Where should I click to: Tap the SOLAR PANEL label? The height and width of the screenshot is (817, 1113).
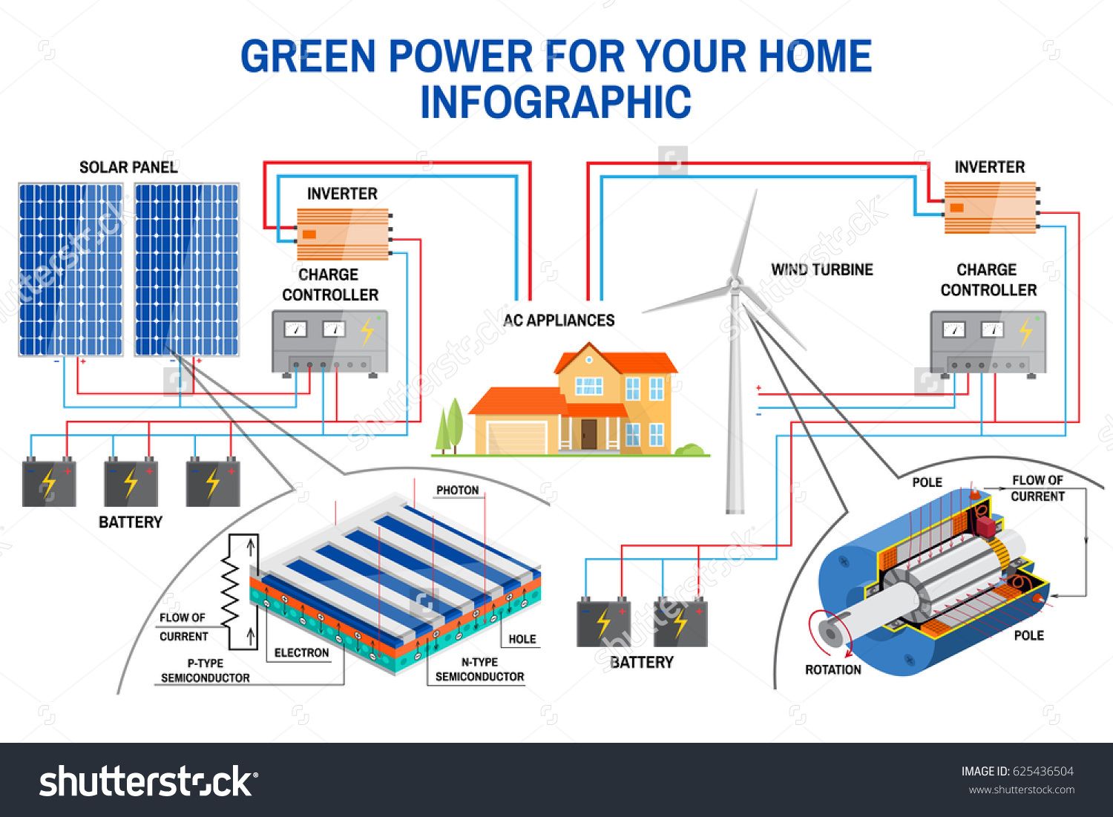[128, 167]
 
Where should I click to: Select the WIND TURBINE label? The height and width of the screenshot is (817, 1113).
[821, 269]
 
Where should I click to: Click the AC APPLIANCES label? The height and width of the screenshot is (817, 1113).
[559, 321]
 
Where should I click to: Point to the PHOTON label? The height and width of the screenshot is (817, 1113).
[457, 490]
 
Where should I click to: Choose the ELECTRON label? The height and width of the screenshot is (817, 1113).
[301, 653]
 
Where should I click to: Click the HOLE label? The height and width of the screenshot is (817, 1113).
[522, 639]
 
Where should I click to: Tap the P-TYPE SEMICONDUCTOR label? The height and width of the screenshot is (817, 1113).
[205, 671]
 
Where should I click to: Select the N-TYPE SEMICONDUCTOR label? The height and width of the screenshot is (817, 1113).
[479, 669]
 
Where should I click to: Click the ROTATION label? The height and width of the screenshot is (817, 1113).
[833, 669]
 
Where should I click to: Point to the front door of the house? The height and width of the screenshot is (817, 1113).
[588, 434]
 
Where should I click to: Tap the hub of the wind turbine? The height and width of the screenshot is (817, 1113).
[735, 283]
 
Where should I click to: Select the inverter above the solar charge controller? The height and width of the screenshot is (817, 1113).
[343, 234]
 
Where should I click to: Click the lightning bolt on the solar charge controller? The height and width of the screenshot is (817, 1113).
[367, 332]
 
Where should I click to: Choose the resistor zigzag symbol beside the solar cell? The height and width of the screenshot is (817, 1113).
[231, 591]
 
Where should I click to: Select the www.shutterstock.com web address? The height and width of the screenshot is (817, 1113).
[1022, 790]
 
